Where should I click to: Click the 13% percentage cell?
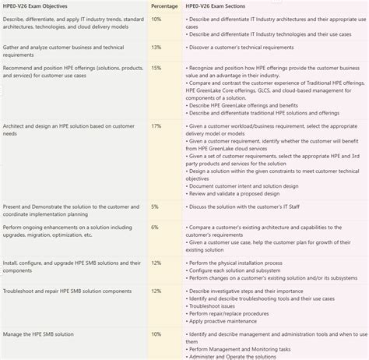[156, 47]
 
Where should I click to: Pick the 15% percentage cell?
[156, 69]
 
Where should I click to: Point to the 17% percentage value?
[156, 125]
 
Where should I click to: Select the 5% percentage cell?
[155, 206]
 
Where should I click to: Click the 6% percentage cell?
[155, 228]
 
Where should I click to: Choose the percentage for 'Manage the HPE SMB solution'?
[156, 334]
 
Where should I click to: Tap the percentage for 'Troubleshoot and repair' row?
[156, 291]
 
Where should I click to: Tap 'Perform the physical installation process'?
[249, 263]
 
